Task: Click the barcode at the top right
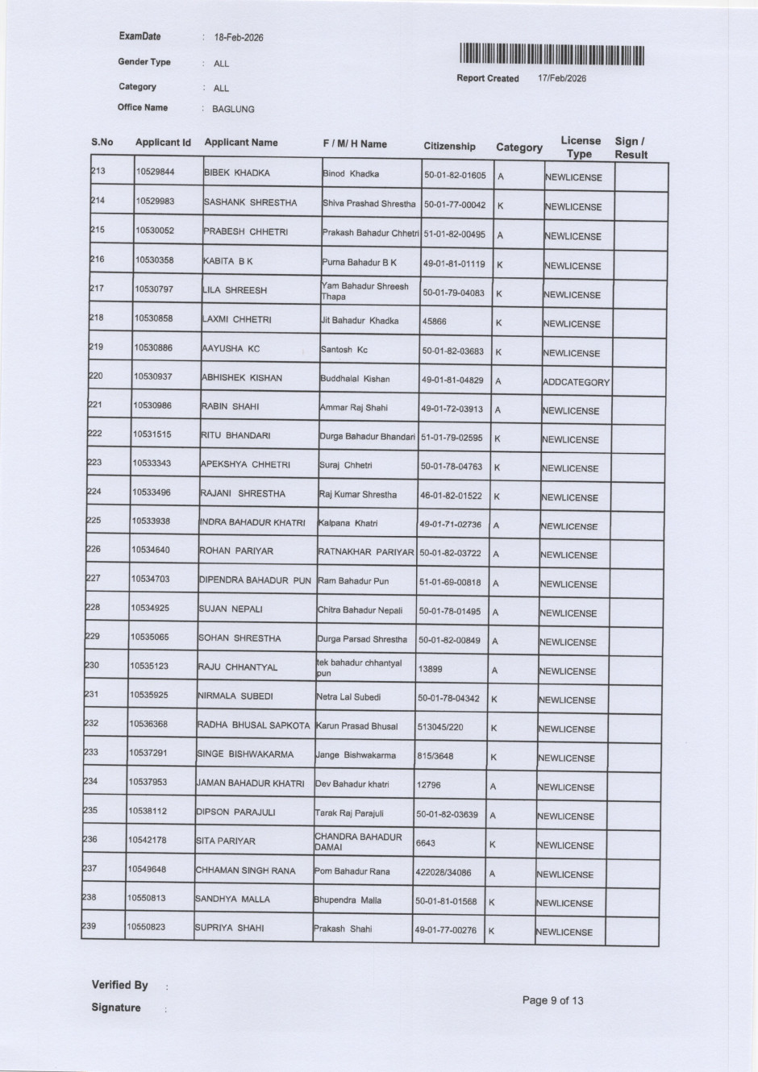[552, 55]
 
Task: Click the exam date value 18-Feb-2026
[239, 38]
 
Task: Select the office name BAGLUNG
[233, 110]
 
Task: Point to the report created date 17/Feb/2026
[562, 78]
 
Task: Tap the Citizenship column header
[449, 147]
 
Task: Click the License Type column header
[580, 147]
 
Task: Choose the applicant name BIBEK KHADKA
[237, 173]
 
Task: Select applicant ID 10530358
[155, 260]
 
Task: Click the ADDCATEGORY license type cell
[577, 382]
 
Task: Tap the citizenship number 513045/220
[440, 727]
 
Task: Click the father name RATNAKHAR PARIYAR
[365, 553]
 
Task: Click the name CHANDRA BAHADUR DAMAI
[358, 842]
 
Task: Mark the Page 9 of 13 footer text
[553, 1000]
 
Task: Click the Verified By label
[119, 985]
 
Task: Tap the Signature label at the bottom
[115, 1008]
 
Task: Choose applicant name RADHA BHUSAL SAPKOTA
[253, 725]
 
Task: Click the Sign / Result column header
[631, 148]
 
